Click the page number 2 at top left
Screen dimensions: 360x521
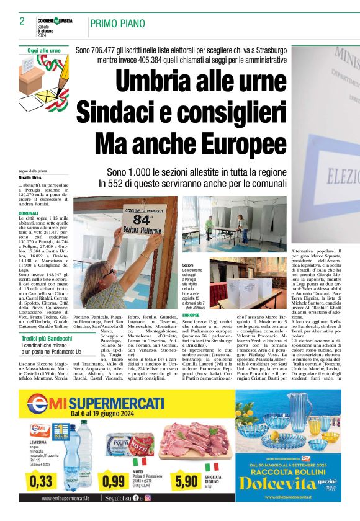[x=22, y=21]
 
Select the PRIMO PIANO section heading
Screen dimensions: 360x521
[x=118, y=25]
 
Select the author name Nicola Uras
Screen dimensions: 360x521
[x=30, y=178]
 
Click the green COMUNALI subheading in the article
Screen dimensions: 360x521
[x=29, y=213]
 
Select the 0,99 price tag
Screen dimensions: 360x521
[x=114, y=479]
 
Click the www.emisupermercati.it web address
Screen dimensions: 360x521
[x=65, y=497]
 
